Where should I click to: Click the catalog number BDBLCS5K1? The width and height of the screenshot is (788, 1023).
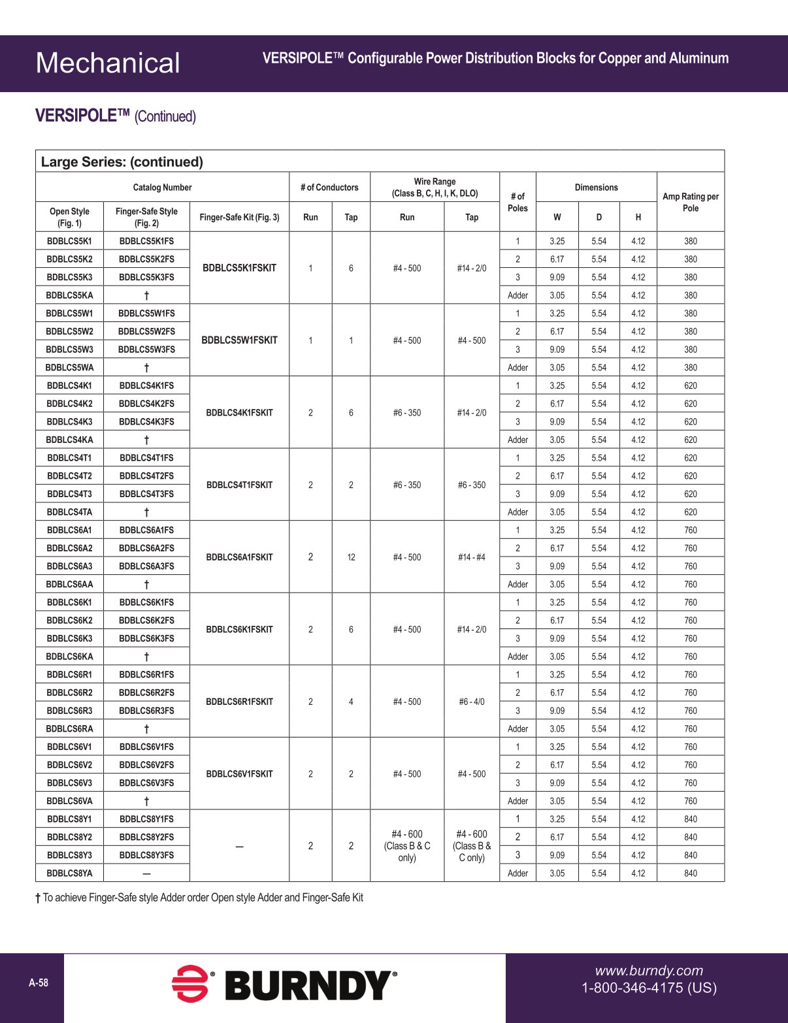click(69, 241)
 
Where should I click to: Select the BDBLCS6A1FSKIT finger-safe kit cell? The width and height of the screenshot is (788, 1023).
click(239, 557)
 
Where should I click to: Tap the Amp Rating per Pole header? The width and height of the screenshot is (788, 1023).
click(690, 203)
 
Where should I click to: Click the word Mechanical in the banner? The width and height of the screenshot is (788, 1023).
click(108, 63)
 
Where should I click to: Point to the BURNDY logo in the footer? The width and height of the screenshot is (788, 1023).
click(285, 985)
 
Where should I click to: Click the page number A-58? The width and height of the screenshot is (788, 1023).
click(39, 982)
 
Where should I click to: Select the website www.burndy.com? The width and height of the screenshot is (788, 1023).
click(648, 971)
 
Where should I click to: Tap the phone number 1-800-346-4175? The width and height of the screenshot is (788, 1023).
click(648, 988)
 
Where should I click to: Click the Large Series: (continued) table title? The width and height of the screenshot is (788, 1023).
click(122, 162)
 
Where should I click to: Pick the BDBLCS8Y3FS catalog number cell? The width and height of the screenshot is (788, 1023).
click(146, 855)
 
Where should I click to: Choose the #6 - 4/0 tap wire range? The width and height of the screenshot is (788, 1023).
click(472, 702)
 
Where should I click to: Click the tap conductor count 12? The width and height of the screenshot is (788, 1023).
click(351, 557)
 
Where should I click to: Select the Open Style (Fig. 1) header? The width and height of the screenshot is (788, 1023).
click(69, 217)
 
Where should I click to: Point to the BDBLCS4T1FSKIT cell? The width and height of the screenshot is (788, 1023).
click(239, 485)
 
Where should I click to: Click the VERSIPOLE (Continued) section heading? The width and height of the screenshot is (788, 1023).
click(116, 116)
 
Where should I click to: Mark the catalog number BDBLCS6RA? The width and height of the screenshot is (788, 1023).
click(69, 729)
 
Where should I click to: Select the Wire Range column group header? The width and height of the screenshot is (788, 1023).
click(435, 187)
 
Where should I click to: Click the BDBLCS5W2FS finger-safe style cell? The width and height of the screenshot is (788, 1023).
click(146, 332)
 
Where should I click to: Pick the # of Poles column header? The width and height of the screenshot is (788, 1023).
click(517, 203)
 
